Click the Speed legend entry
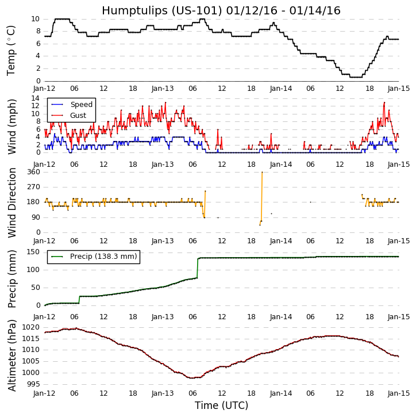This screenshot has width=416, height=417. coord(81,105)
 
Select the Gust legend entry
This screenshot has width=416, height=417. coord(78,116)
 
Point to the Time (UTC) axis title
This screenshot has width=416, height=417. coord(221,405)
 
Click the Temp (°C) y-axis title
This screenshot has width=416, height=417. coord(11,50)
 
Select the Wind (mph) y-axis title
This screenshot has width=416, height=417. coord(11,126)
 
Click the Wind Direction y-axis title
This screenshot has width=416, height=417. coord(11,202)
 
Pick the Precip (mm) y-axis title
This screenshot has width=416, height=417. coord(11,278)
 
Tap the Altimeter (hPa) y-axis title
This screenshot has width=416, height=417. coord(11,355)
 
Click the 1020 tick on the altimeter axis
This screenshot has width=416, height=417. coord(32,327)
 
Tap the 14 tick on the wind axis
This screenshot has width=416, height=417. coord(36,98)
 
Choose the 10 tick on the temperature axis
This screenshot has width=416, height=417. coord(36,19)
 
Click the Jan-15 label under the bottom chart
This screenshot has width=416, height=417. coord(399,394)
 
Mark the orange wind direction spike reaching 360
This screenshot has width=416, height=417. coord(262,173)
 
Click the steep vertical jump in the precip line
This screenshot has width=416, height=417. coord(198,267)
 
